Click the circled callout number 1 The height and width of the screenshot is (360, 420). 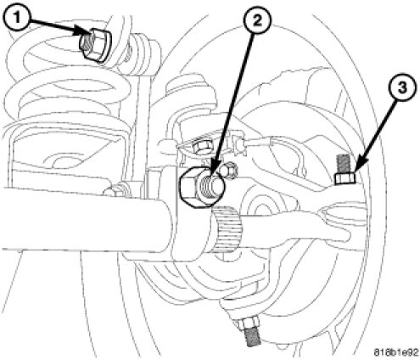[x=17, y=18]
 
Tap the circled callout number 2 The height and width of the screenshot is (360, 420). [x=257, y=20]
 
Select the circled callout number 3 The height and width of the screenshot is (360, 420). [x=402, y=87]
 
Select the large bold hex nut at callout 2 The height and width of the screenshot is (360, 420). [x=202, y=188]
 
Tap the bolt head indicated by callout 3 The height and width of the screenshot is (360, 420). [x=345, y=179]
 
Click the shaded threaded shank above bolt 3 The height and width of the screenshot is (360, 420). [x=343, y=165]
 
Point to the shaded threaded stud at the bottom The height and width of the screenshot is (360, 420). [x=253, y=336]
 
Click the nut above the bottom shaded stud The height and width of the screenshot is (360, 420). [x=248, y=323]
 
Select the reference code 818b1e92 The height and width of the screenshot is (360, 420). [x=395, y=352]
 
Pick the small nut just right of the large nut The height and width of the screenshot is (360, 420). [x=230, y=170]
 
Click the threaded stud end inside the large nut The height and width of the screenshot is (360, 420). [x=209, y=186]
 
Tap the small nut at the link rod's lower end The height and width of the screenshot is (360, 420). [x=116, y=190]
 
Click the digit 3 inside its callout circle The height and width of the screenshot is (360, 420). [x=402, y=87]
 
